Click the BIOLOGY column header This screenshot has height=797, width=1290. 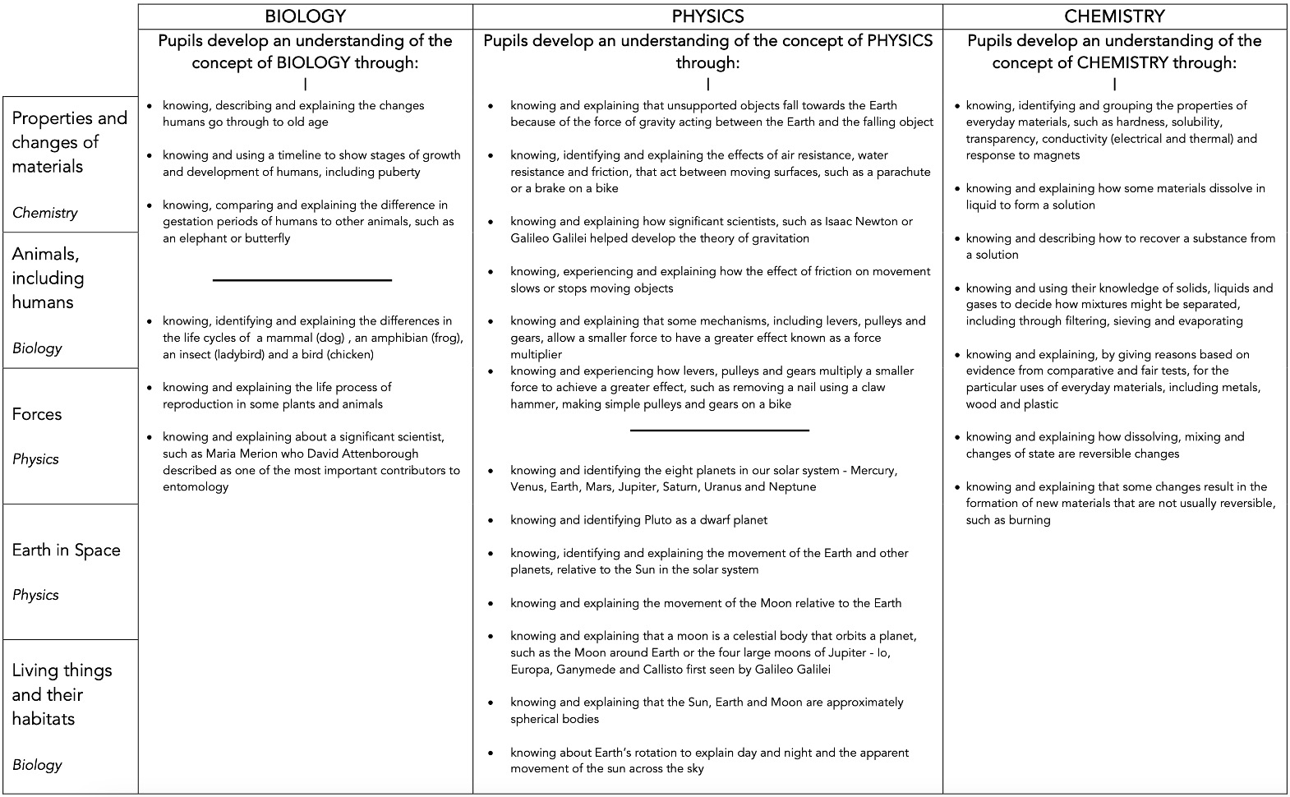click(305, 16)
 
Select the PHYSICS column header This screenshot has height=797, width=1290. click(707, 16)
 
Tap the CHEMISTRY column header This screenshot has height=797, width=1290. click(1114, 16)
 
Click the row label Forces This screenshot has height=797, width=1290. click(37, 414)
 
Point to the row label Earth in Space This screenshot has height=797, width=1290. click(66, 551)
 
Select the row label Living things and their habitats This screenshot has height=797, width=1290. click(62, 694)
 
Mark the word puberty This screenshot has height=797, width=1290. click(397, 172)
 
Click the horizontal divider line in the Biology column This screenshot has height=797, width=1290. click(302, 280)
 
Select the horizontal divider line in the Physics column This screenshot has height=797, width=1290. click(720, 430)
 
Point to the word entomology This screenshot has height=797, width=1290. click(196, 486)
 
